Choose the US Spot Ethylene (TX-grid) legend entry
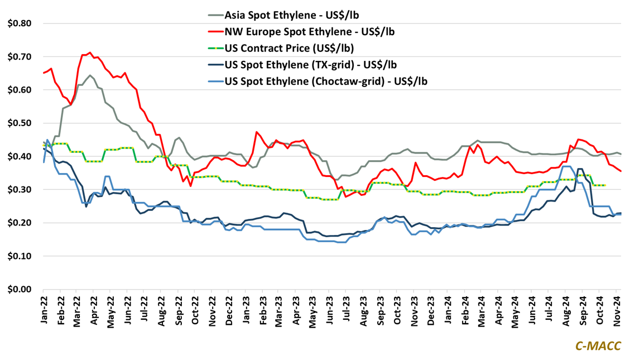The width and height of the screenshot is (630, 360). pos(310,64)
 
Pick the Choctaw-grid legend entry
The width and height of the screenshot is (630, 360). pos(325,81)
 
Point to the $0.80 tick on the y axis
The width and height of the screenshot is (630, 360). pos(18,23)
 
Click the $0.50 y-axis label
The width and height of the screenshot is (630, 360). pos(18,123)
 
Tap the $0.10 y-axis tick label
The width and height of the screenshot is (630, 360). pos(18,256)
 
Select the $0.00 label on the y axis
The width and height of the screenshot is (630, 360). pos(18,289)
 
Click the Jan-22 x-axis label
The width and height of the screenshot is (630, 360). pos(44,310)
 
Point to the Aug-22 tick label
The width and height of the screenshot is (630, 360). pos(161,310)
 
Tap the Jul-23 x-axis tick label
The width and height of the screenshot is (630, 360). pos(347,310)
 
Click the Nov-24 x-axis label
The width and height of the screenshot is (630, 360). pos(617,310)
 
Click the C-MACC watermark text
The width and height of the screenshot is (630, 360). pos(598,346)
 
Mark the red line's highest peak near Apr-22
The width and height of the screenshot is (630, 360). pos(90,52)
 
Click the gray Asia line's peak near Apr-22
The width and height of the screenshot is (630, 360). pos(90,75)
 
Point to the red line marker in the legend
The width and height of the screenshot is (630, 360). pos(209,31)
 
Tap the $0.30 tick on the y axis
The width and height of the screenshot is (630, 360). pos(18,190)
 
